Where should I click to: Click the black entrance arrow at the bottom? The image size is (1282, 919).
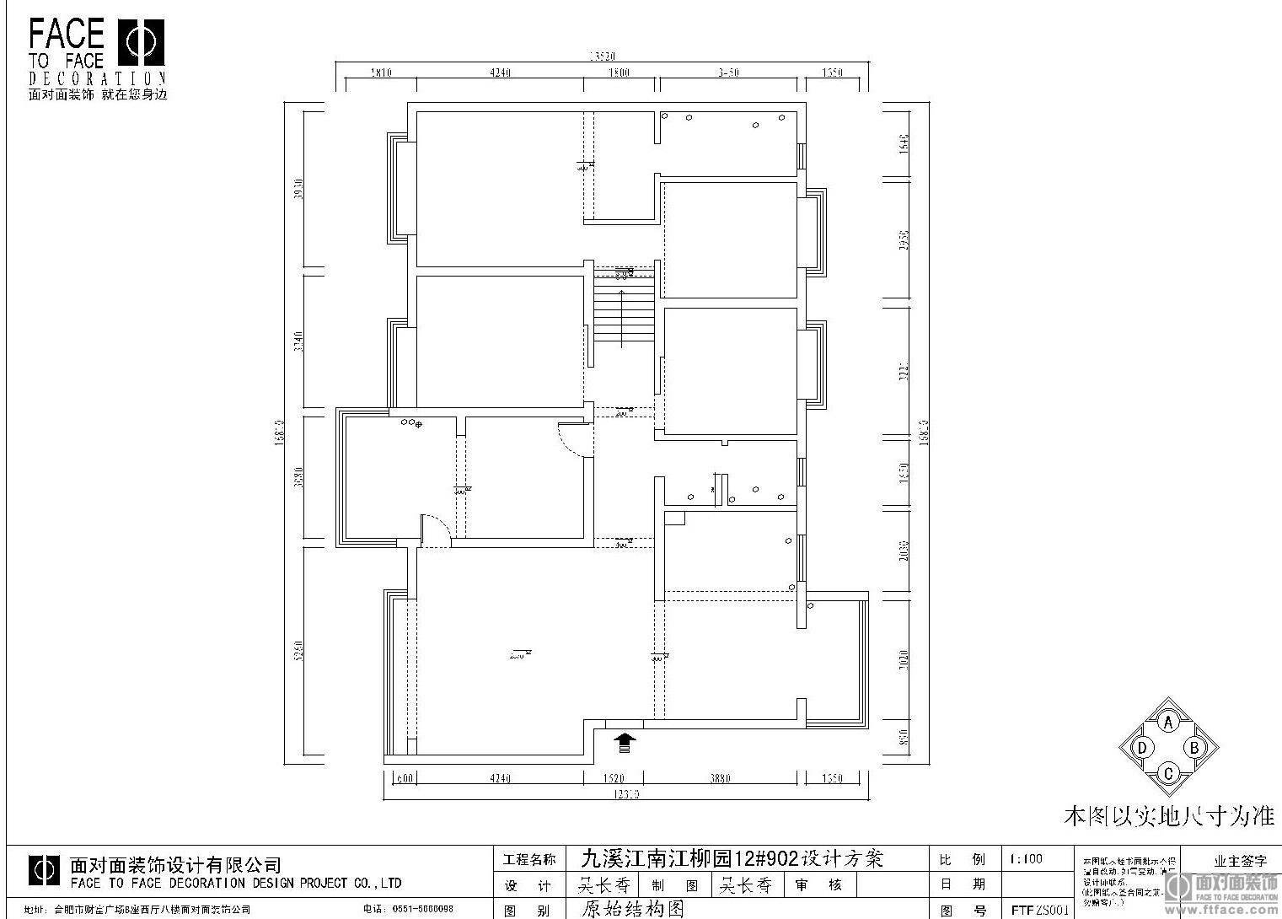pos(624,743)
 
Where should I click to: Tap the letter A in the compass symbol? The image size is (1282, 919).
pos(1168,723)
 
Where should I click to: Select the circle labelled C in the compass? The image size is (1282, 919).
pos(1168,772)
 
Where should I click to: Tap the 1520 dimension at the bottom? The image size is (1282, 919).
pos(614,778)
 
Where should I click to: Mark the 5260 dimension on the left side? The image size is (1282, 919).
pos(297,651)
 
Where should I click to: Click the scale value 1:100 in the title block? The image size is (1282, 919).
pos(1025,859)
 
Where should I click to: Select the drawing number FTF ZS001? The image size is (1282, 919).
pos(1039,911)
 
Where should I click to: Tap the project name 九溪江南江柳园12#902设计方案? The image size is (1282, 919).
pos(732,859)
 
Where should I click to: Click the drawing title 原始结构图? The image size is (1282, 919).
pos(632,910)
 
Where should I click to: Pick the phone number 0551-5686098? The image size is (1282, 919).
pos(419,910)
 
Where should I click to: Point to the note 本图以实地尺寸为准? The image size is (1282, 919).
pos(1169,815)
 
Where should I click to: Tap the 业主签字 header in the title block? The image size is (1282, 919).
pos(1240,862)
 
